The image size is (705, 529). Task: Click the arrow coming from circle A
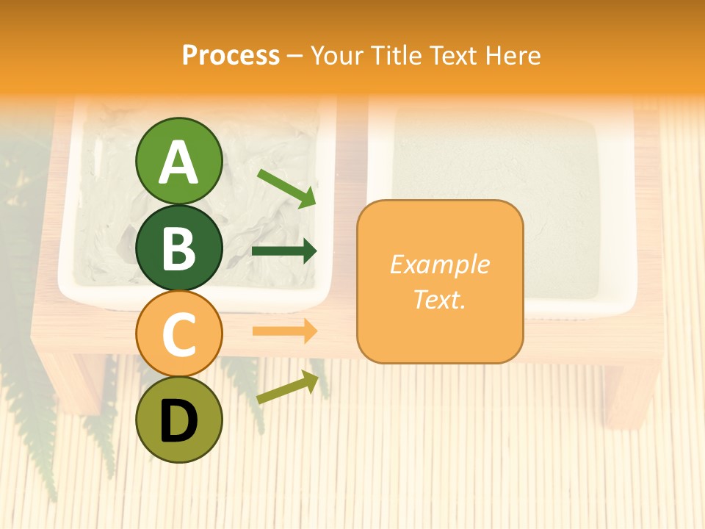(286, 188)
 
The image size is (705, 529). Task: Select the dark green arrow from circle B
(284, 251)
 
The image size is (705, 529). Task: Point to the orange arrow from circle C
(284, 331)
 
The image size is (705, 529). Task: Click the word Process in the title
(231, 56)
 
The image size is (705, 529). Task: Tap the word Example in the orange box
(439, 264)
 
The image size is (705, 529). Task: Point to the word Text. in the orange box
(439, 299)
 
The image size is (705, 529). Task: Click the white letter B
(178, 248)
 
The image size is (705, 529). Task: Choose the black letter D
(178, 422)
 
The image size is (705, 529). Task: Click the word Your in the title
(337, 56)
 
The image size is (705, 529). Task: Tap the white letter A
(178, 162)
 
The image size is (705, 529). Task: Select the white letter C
(178, 335)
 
